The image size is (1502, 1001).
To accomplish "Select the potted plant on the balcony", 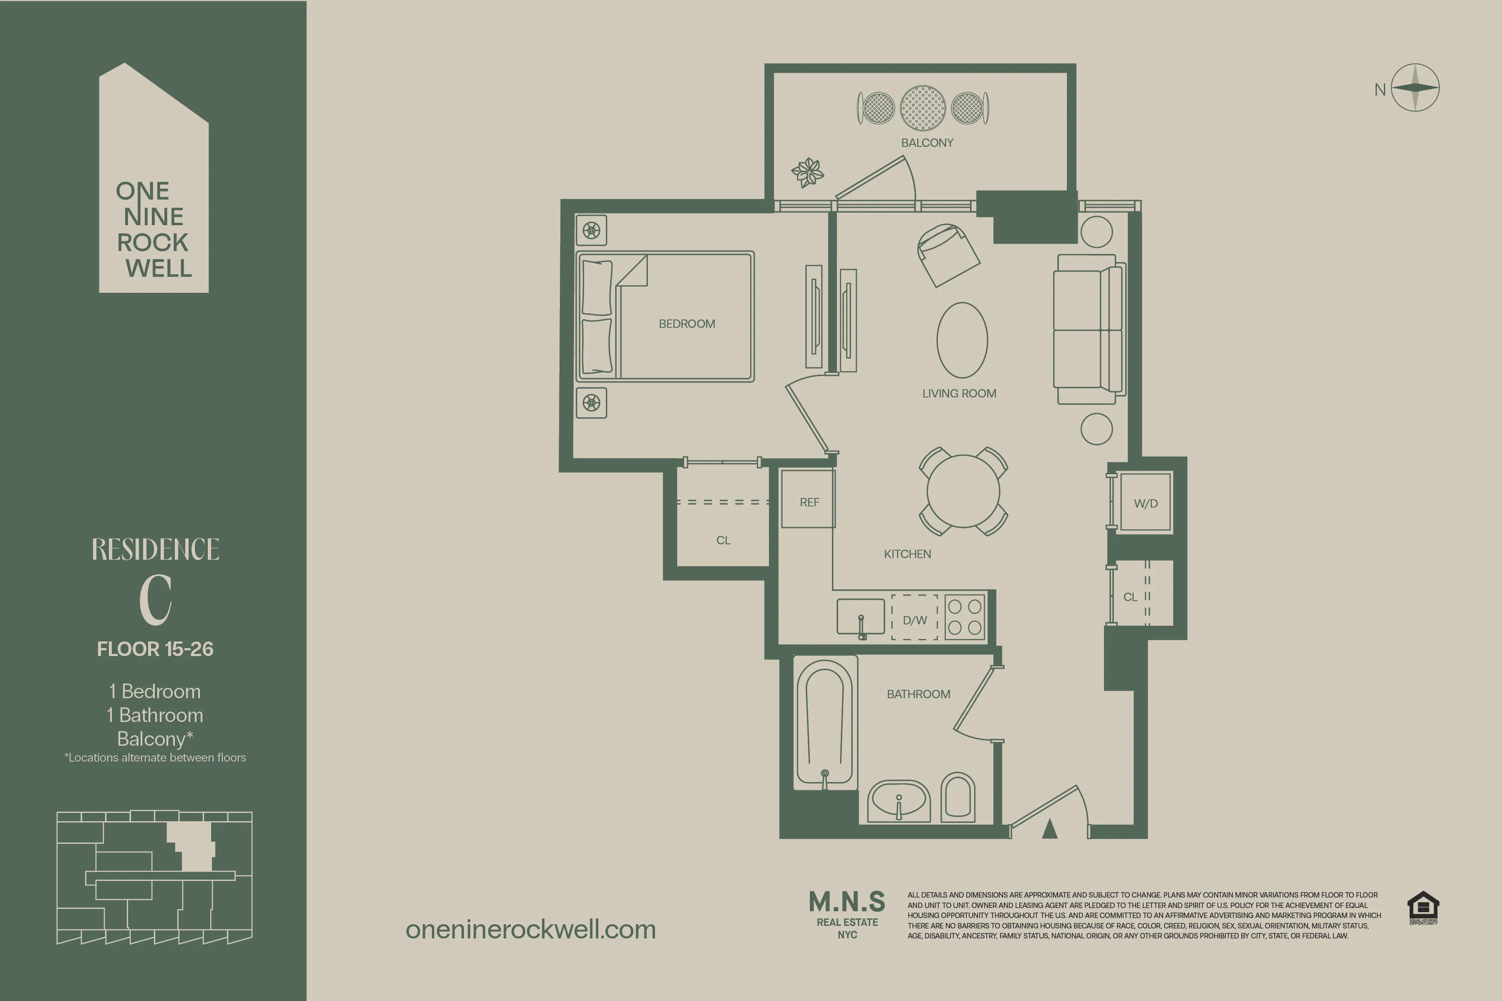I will click(807, 172).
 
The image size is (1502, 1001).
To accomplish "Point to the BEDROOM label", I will click(686, 324).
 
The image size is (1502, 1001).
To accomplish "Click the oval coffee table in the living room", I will click(962, 340).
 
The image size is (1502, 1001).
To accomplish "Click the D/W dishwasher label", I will click(915, 620).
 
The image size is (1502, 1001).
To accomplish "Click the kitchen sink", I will click(860, 617).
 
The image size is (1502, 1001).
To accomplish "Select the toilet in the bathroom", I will click(958, 797).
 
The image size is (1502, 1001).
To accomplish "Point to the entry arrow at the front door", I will click(1049, 829).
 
